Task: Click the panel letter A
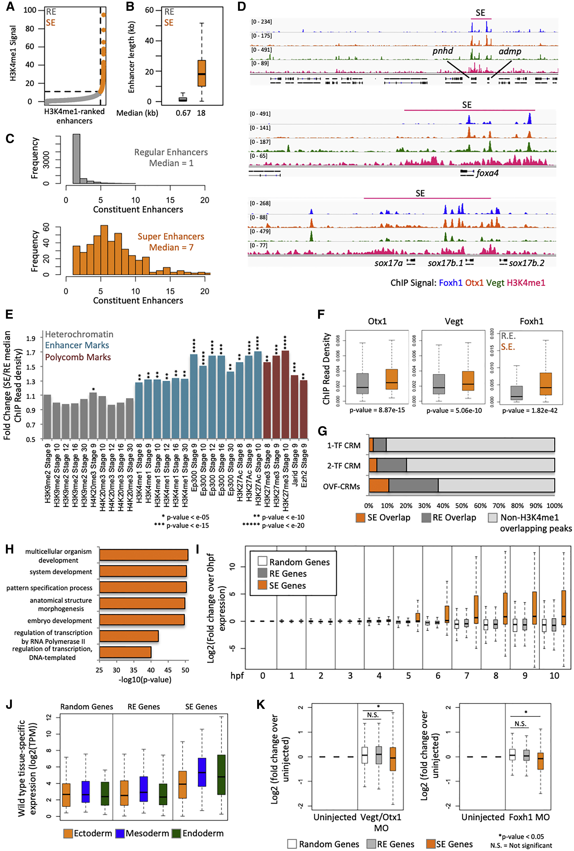click(x=10, y=6)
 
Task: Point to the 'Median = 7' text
click(x=171, y=247)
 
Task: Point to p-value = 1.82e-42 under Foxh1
click(x=530, y=411)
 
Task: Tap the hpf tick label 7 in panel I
click(x=467, y=676)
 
